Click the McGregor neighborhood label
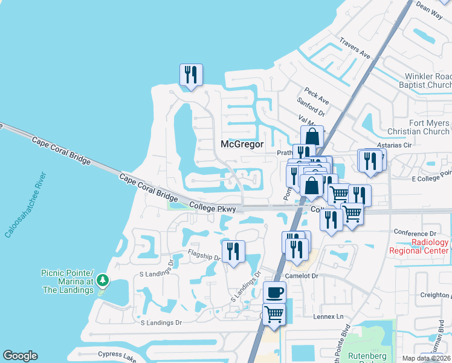pos(242,144)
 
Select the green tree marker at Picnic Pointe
pos(103,280)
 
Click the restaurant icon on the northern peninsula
pos(191,75)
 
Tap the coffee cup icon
pos(275,292)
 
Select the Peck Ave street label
pos(317,96)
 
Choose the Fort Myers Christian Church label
pos(428,127)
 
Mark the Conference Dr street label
pos(415,232)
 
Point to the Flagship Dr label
pos(204,255)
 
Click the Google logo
pos(20,356)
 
